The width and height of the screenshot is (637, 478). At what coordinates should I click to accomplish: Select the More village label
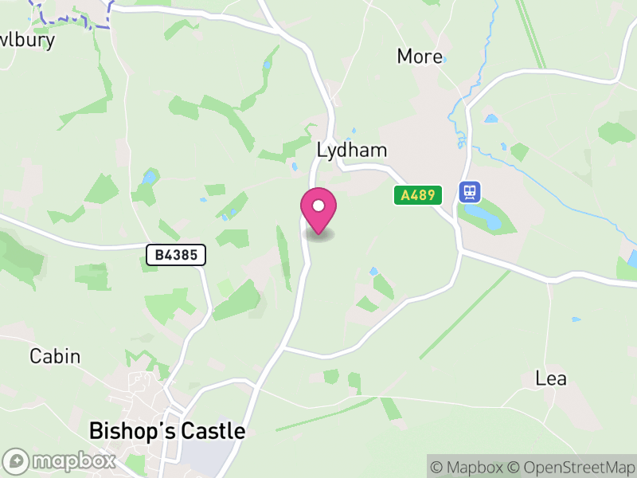(x=420, y=57)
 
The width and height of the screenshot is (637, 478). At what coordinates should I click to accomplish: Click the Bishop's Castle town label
(x=167, y=431)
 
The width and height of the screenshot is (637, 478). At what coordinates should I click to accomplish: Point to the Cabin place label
(x=55, y=356)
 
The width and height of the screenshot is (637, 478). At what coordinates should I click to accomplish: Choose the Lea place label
(x=551, y=378)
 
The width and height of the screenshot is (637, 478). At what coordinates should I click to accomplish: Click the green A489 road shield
(x=418, y=195)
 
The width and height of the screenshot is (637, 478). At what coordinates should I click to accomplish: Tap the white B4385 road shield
(x=176, y=255)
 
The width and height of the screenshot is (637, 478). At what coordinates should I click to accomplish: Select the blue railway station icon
(x=470, y=192)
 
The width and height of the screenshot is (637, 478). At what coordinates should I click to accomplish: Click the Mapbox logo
(x=61, y=460)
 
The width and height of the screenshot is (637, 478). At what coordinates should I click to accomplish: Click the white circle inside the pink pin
(x=318, y=206)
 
